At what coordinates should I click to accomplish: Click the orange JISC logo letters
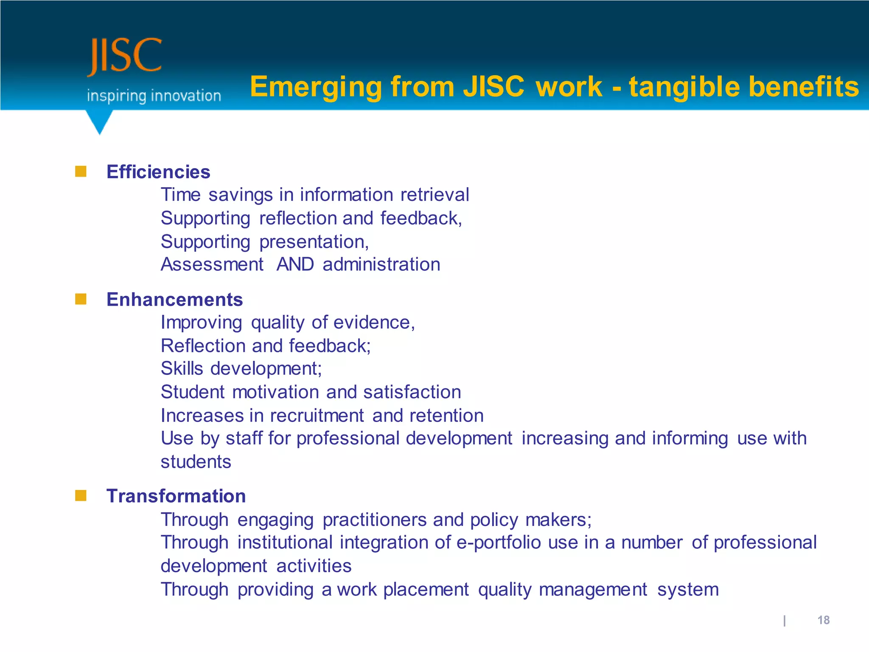pyautogui.click(x=125, y=56)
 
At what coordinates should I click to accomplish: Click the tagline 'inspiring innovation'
pyautogui.click(x=154, y=96)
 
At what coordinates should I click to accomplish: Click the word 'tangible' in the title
pyautogui.click(x=684, y=87)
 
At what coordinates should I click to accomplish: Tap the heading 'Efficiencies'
pyautogui.click(x=158, y=172)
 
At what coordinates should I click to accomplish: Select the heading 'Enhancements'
pyautogui.click(x=174, y=300)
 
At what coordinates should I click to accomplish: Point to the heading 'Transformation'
pyautogui.click(x=176, y=496)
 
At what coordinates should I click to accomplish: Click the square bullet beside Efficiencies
pyautogui.click(x=81, y=171)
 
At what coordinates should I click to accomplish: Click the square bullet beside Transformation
pyautogui.click(x=81, y=495)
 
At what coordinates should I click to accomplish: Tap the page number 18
pyautogui.click(x=823, y=620)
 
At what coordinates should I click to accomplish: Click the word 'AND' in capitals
pyautogui.click(x=295, y=264)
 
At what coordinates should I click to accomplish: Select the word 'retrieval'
pyautogui.click(x=434, y=195)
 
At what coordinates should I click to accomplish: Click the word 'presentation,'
pyautogui.click(x=314, y=242)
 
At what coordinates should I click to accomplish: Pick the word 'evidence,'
pyautogui.click(x=374, y=323)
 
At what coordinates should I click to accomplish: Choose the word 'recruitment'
pyautogui.click(x=317, y=416)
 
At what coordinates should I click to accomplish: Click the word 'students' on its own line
pyautogui.click(x=196, y=462)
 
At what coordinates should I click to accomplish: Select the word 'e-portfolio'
pyautogui.click(x=498, y=543)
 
